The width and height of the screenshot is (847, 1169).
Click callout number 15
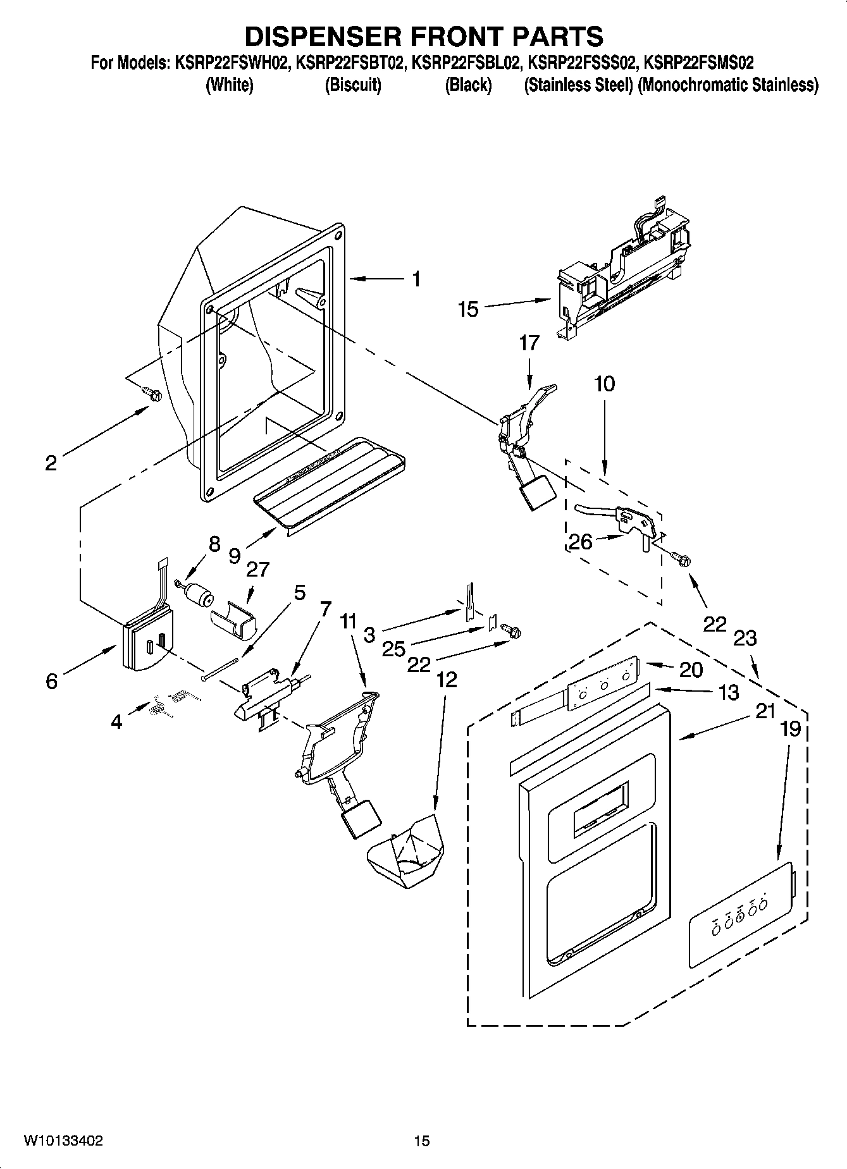468,310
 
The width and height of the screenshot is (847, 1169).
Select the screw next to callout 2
153,394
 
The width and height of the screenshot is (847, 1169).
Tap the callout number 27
258,569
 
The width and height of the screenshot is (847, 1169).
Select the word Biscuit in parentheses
353,85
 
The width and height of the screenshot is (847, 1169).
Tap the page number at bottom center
422,1141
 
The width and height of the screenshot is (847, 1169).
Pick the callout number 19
790,728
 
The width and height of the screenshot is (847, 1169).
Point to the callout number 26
581,542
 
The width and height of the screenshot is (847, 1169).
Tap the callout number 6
51,681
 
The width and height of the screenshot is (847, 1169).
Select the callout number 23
745,638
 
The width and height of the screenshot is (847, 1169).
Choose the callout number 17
529,343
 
